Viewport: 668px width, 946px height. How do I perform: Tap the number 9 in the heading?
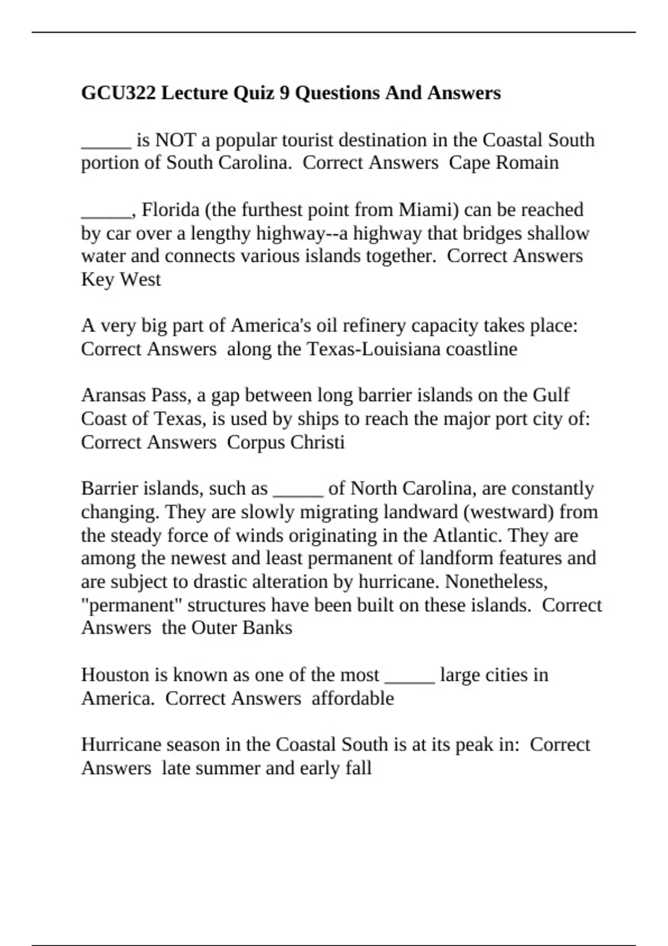[x=284, y=92]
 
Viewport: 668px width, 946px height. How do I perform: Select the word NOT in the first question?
[x=175, y=140]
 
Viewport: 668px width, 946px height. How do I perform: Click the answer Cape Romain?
[x=503, y=162]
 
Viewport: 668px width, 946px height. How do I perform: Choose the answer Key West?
[x=121, y=279]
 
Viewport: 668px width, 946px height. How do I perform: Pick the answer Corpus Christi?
[x=286, y=442]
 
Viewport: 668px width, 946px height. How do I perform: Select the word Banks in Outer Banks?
[x=272, y=628]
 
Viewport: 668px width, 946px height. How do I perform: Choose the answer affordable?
[x=352, y=698]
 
